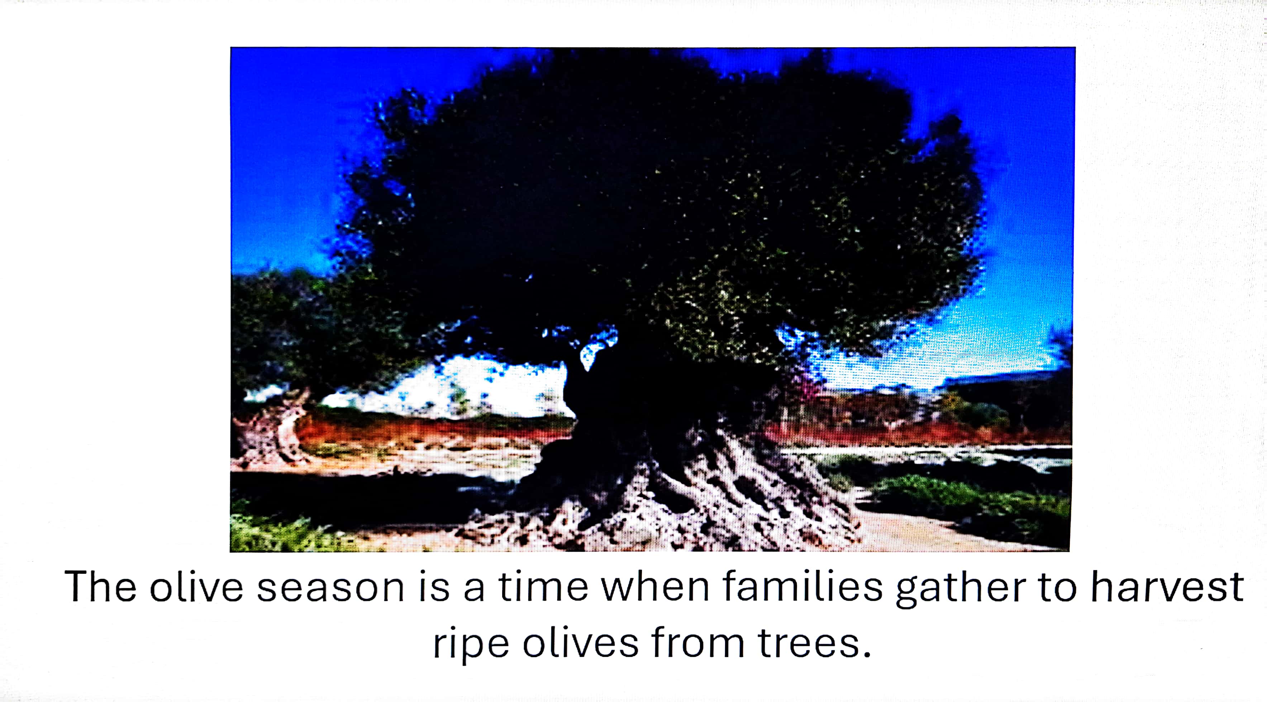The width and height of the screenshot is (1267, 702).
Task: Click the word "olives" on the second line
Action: click(x=580, y=642)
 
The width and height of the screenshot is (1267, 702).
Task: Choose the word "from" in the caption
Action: click(x=698, y=642)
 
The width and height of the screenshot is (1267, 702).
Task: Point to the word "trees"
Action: click(x=808, y=643)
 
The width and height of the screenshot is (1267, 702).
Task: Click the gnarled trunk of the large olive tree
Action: click(x=634, y=418)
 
